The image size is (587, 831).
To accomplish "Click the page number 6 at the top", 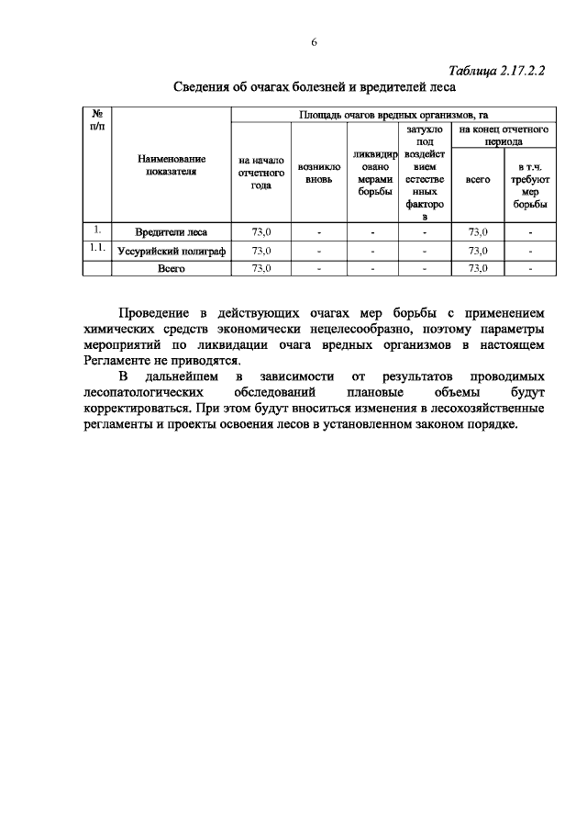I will pyautogui.click(x=314, y=42).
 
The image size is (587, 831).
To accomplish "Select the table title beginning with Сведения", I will pyautogui.click(x=315, y=88).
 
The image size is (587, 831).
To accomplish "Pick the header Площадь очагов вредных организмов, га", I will pyautogui.click(x=393, y=114).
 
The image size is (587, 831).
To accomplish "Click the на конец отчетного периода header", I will pyautogui.click(x=504, y=136).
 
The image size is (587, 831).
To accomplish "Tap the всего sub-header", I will pyautogui.click(x=478, y=181).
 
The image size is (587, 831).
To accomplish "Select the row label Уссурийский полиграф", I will pyautogui.click(x=171, y=250).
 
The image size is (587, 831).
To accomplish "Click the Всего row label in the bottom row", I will pyautogui.click(x=171, y=268).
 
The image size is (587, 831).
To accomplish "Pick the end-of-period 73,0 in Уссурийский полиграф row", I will pyautogui.click(x=478, y=250).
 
